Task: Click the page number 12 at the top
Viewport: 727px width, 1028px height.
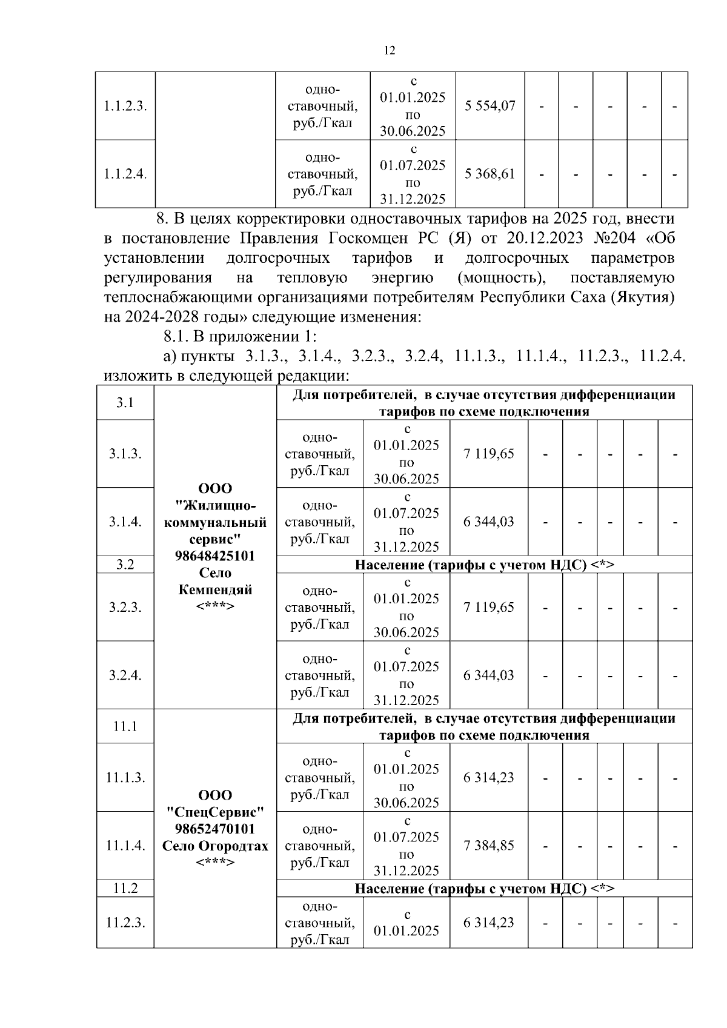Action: [x=390, y=51]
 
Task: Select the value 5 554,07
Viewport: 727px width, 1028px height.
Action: [x=490, y=106]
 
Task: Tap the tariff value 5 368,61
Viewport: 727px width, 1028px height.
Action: [x=490, y=174]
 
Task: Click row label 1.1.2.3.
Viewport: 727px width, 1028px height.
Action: [x=125, y=106]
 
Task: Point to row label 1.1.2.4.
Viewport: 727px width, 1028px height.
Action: [x=125, y=174]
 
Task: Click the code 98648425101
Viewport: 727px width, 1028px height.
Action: [x=215, y=555]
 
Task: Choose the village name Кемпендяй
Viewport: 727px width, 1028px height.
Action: [x=215, y=589]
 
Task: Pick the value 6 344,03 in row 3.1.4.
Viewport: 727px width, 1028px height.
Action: [x=488, y=522]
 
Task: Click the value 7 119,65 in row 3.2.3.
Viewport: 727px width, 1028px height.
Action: [x=488, y=607]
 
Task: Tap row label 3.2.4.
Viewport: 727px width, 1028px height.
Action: [x=125, y=675]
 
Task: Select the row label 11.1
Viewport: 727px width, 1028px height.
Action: [x=125, y=726]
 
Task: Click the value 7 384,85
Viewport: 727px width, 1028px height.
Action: [x=488, y=845]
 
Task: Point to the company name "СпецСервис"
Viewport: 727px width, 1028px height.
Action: [x=215, y=812]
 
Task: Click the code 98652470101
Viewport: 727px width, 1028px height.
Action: [x=215, y=829]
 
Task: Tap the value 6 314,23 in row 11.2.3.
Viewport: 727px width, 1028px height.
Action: [x=488, y=923]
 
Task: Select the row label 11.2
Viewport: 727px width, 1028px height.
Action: [x=125, y=888]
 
